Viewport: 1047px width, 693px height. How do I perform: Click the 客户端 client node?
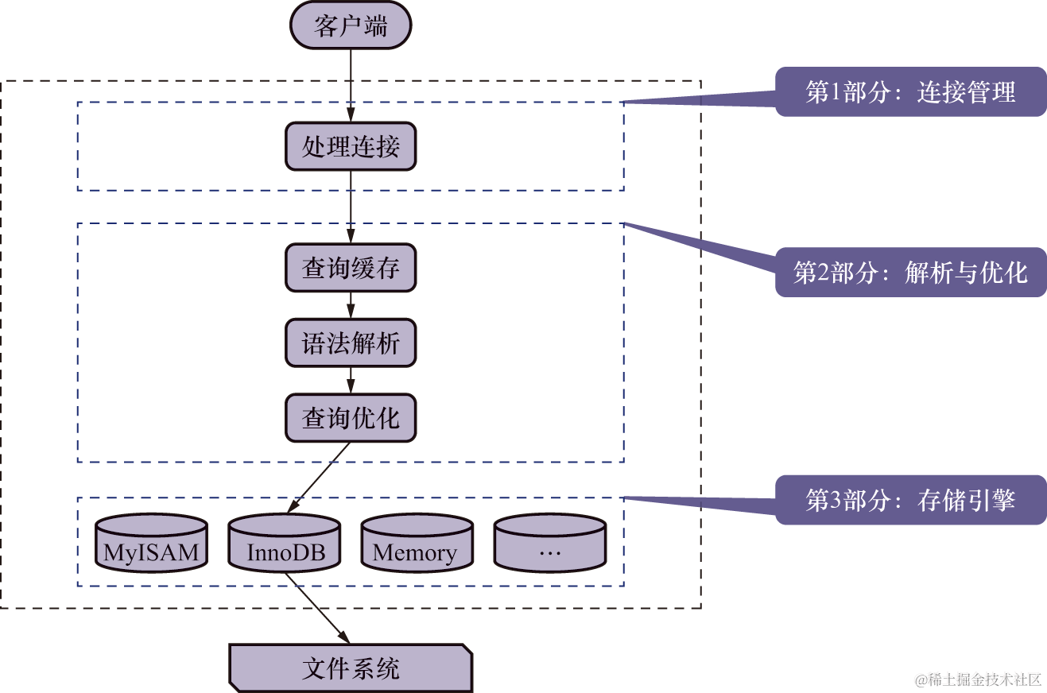(x=351, y=26)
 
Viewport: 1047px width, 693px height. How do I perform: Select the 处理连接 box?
(x=351, y=146)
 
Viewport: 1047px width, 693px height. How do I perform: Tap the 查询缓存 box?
(x=351, y=268)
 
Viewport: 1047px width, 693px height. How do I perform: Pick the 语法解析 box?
(x=351, y=343)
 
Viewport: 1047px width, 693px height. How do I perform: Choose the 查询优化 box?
(x=351, y=418)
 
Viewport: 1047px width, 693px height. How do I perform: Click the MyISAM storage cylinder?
(x=151, y=544)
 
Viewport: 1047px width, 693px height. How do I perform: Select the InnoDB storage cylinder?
(x=285, y=544)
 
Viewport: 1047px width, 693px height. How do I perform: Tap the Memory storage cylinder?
(x=417, y=544)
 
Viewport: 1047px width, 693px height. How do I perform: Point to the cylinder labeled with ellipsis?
(x=549, y=544)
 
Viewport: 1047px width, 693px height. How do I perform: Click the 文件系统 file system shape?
(x=351, y=668)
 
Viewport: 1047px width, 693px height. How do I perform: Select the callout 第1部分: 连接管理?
(x=910, y=92)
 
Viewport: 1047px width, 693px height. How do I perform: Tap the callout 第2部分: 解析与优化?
(x=910, y=273)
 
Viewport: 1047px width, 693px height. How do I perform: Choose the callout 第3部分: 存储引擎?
(x=910, y=501)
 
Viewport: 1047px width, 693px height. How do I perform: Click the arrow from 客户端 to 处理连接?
(x=351, y=83)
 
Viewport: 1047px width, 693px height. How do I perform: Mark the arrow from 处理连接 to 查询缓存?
(x=351, y=207)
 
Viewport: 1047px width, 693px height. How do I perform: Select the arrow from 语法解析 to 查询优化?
(x=351, y=381)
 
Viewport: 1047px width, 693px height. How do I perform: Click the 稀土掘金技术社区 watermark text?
(x=977, y=678)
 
